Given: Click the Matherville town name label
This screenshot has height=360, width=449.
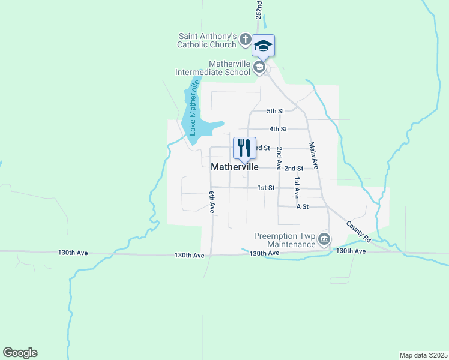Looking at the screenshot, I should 235,167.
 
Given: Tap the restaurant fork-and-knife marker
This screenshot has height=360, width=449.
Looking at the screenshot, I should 244,147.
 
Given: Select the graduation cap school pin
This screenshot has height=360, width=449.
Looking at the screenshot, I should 263,45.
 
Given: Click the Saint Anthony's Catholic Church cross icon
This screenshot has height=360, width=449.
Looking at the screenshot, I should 245,40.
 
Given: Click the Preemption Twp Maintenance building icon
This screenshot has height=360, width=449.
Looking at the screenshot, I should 324,240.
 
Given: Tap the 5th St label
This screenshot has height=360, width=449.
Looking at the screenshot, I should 275,111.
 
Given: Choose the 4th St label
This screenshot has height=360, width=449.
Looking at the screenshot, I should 278,129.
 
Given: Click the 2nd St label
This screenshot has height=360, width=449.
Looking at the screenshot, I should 294,169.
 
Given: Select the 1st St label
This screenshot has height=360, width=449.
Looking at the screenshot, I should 266,188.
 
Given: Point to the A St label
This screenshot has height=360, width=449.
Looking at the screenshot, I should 303,206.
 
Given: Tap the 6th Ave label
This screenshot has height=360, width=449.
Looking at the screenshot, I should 212,202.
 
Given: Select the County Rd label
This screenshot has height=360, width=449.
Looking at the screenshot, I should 358,231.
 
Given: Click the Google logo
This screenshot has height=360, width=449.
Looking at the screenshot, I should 20,353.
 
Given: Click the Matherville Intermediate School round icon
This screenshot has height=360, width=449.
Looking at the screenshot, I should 259,67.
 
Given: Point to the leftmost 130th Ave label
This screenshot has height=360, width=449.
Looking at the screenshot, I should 73,253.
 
